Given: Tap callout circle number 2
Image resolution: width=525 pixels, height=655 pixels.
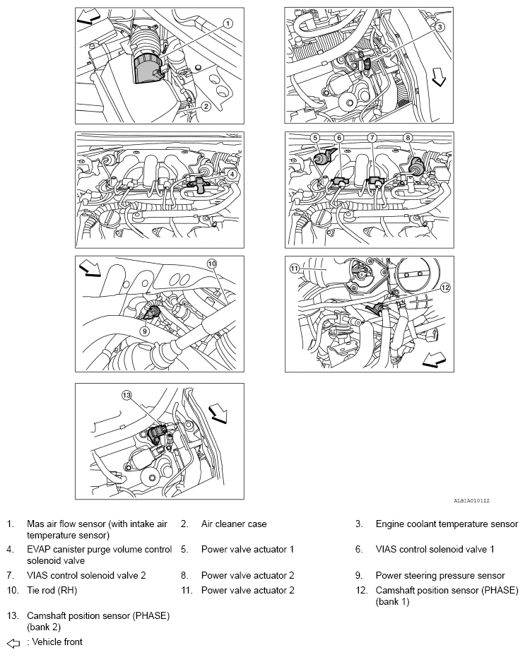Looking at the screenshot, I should (x=206, y=107).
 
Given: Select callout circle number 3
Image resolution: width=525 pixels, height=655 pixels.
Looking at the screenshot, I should (x=439, y=28).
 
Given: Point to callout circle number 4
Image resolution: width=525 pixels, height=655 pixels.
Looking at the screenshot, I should (x=232, y=173).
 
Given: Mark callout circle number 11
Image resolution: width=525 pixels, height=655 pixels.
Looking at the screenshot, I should (x=295, y=268).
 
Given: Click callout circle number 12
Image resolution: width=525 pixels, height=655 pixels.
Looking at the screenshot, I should (x=444, y=288).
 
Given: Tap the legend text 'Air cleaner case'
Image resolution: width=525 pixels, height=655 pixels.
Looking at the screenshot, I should (x=234, y=524).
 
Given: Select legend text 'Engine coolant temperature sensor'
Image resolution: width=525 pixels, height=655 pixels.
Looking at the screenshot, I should (x=447, y=524).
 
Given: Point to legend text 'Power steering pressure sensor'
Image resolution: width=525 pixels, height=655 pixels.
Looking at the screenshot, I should (x=440, y=575).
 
